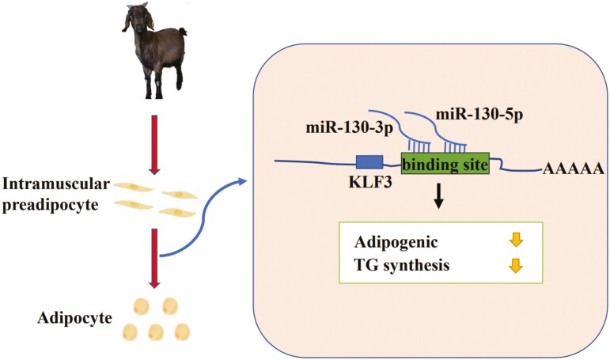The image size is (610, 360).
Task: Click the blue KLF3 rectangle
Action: [x=369, y=162]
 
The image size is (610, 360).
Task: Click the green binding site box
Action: [x=445, y=165]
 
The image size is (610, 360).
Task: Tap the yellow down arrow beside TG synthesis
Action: [x=514, y=266]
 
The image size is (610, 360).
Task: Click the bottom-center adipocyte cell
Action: [x=155, y=330]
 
